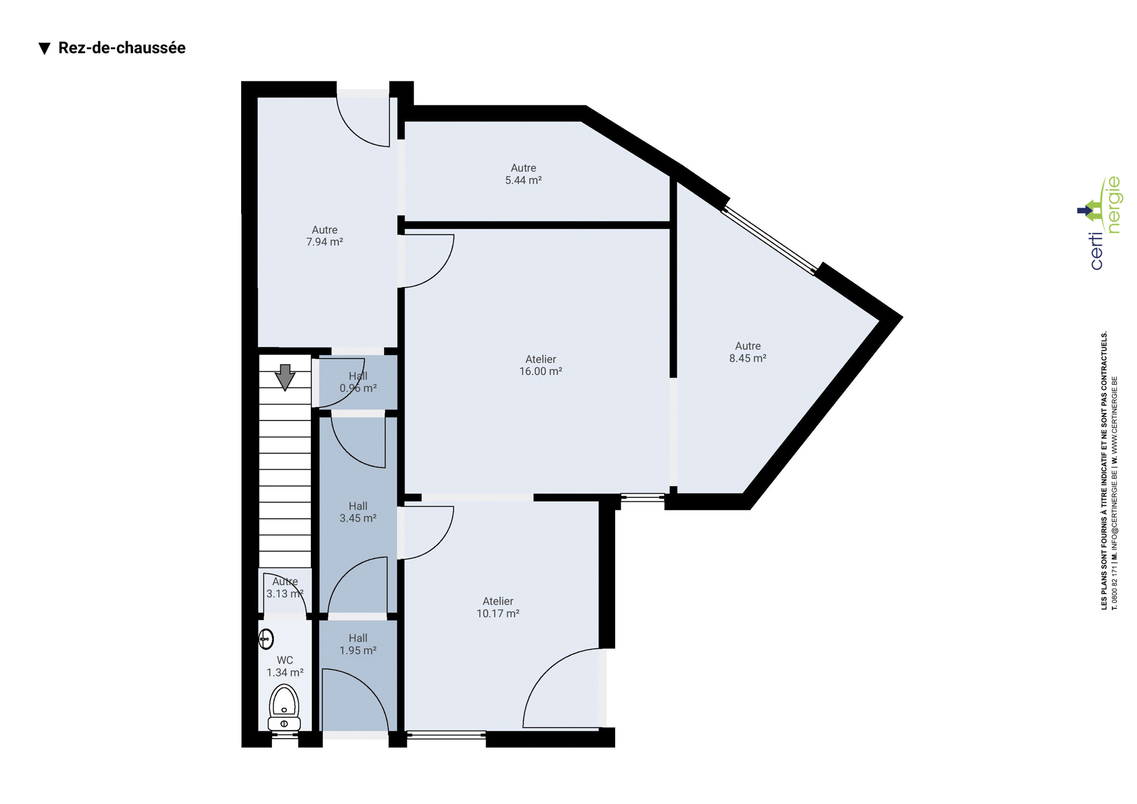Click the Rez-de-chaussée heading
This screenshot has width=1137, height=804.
point(122,48)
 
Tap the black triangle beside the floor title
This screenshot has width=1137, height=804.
point(45,49)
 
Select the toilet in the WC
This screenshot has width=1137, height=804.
point(284,707)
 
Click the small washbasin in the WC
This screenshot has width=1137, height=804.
point(266,639)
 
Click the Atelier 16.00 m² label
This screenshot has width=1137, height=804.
point(540,365)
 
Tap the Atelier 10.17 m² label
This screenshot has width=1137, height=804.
point(498,607)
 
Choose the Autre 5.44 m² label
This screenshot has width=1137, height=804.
point(524,174)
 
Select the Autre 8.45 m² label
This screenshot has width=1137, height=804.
point(747,352)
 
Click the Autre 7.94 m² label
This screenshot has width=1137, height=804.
point(324,236)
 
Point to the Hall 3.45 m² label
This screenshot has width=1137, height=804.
point(358,512)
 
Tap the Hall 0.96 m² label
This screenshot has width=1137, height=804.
point(358,382)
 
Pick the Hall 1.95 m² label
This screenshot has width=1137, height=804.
point(358,644)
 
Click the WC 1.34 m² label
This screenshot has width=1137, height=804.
point(285,667)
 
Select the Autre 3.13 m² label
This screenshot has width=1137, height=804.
point(285,587)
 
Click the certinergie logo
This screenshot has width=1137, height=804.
point(1100,223)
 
